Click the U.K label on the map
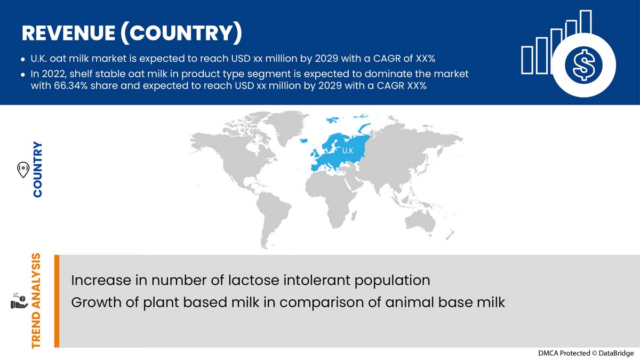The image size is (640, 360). pyautogui.click(x=347, y=151)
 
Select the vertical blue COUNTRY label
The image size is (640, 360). pyautogui.click(x=38, y=170)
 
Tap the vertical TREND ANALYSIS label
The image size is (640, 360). pyautogui.click(x=37, y=301)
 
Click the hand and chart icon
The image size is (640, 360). pyautogui.click(x=18, y=300)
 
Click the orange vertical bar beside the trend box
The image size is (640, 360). pyautogui.click(x=57, y=301)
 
